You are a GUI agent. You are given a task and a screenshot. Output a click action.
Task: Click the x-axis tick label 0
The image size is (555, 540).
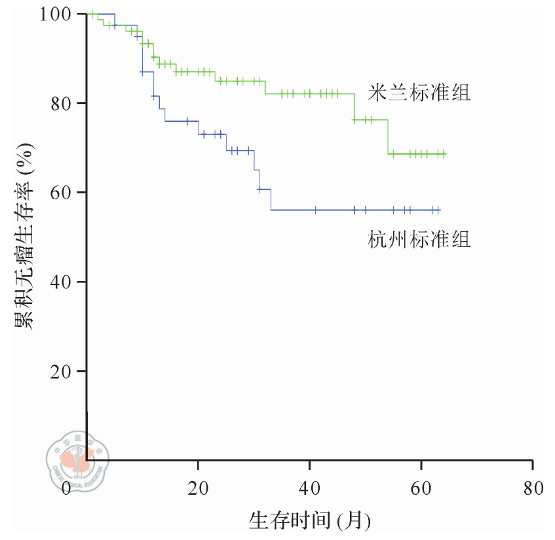pyautogui.click(x=66, y=489)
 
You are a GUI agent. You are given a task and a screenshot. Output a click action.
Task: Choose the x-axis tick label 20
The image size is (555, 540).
pyautogui.click(x=198, y=489)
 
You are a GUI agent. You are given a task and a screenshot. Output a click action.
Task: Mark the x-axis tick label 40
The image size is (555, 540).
pyautogui.click(x=309, y=489)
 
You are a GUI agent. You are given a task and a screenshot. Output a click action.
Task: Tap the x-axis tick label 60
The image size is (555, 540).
pyautogui.click(x=421, y=489)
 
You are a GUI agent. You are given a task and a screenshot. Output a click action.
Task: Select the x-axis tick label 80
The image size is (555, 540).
pyautogui.click(x=532, y=489)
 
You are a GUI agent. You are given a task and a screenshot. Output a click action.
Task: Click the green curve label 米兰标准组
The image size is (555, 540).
pyautogui.click(x=419, y=93)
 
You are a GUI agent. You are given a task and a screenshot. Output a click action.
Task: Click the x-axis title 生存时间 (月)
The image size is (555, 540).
pyautogui.click(x=310, y=521)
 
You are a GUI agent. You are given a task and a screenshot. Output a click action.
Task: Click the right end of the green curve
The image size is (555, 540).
pyautogui.click(x=446, y=154)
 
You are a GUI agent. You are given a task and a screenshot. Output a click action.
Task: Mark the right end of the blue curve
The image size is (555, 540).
pyautogui.click(x=440, y=210)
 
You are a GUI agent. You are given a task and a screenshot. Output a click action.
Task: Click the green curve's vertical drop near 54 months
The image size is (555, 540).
pyautogui.click(x=388, y=137)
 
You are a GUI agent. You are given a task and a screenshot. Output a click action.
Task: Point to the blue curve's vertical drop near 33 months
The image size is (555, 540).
pyautogui.click(x=271, y=200)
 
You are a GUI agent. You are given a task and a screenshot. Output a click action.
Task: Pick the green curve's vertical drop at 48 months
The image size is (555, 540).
pyautogui.click(x=354, y=107)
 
